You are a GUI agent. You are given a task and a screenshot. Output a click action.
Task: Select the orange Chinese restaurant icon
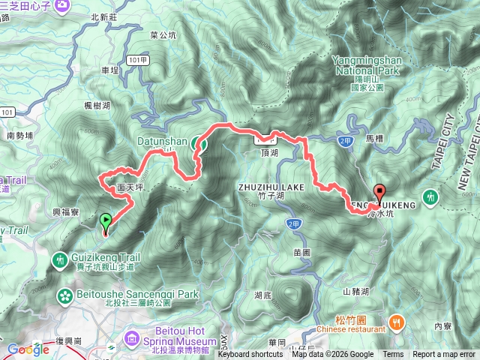coord(397,322)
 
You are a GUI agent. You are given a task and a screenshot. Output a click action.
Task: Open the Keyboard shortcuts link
coord(250,355)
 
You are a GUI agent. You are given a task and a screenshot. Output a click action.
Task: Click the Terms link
coord(392,355)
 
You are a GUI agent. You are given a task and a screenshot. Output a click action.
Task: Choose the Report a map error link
coord(443,355)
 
